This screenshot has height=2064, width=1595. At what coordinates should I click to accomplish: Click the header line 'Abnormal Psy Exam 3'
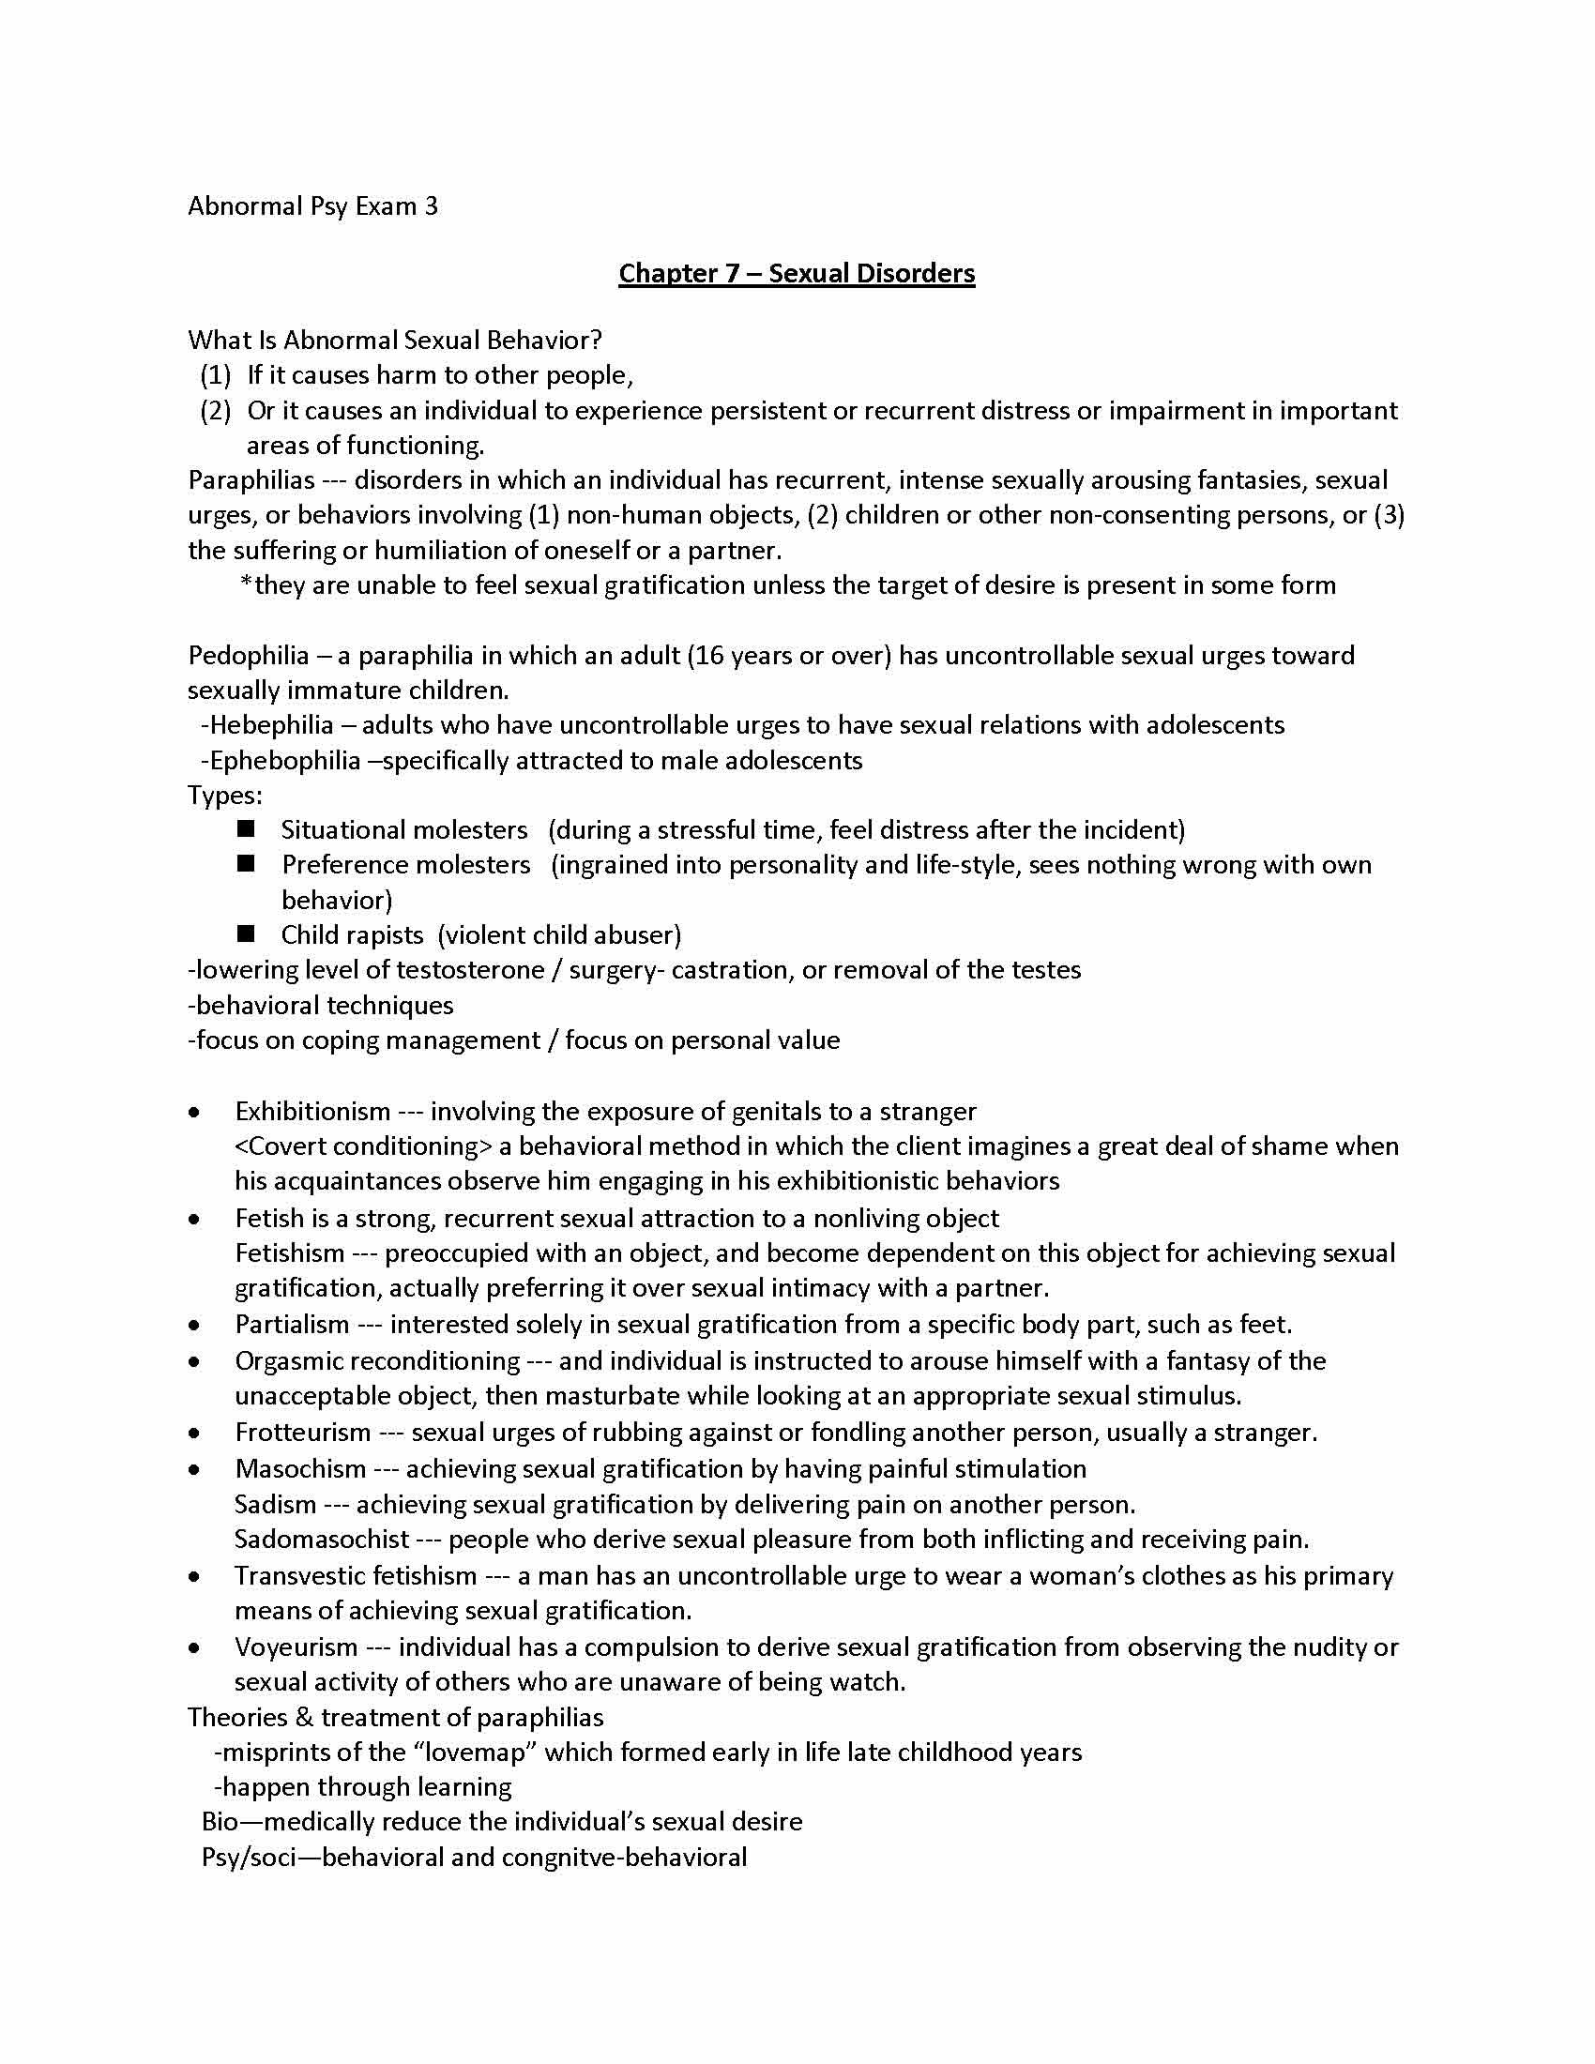coord(311,206)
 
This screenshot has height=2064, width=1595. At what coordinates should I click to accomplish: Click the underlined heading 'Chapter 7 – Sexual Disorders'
coord(797,273)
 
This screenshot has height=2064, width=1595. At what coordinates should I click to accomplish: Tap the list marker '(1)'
coord(216,375)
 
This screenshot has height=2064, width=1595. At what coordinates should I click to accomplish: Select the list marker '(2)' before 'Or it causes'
coord(216,410)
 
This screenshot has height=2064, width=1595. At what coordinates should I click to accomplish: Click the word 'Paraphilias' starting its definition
coord(251,480)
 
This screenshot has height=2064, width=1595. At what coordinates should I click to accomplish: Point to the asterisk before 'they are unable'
coord(246,584)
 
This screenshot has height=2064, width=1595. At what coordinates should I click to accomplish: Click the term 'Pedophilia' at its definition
coord(248,655)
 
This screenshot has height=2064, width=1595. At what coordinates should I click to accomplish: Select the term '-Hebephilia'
coord(267,725)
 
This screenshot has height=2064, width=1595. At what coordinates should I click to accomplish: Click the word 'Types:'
coord(225,795)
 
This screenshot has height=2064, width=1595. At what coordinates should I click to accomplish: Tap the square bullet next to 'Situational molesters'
coord(247,828)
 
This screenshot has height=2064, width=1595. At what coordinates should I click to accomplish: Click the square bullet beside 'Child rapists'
coord(247,933)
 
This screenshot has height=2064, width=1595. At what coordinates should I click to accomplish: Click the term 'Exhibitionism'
coord(311,1111)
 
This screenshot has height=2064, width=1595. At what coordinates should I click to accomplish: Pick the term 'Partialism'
coord(291,1324)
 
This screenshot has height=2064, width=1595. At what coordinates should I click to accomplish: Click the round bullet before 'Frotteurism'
coord(193,1434)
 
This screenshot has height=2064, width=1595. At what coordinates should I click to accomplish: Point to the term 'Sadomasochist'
coord(321,1539)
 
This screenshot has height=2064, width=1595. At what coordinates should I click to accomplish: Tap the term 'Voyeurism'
coord(296,1647)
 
